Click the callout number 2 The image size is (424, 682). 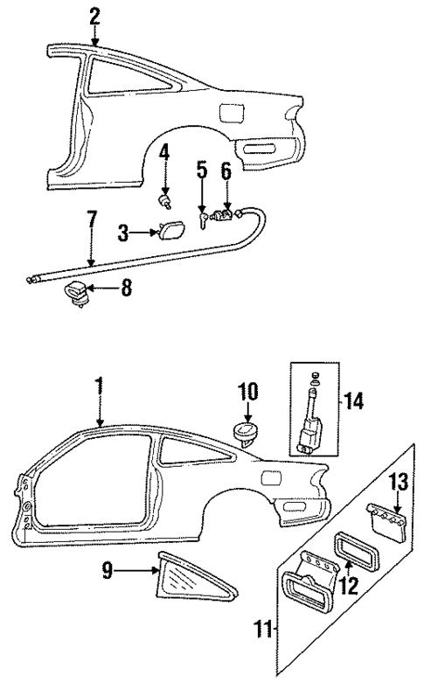[x=94, y=15]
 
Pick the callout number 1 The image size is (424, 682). [x=100, y=384]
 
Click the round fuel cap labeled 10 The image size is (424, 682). [x=244, y=434]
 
